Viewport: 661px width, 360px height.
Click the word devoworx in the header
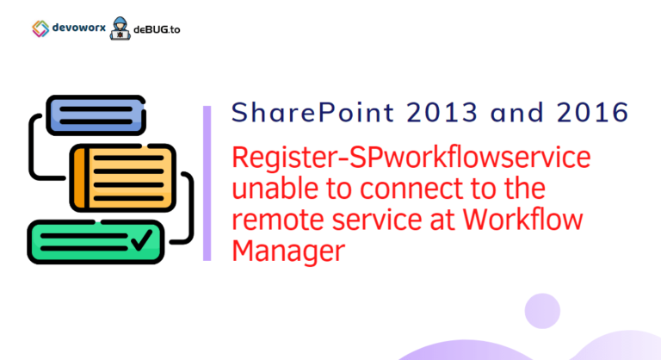click(x=79, y=28)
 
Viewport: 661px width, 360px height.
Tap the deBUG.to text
click(x=157, y=29)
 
